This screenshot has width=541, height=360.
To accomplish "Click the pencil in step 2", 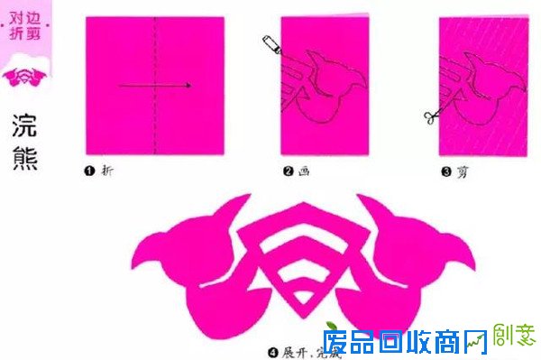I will (x=271, y=44).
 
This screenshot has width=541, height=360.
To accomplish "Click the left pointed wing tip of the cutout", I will (x=136, y=262).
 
